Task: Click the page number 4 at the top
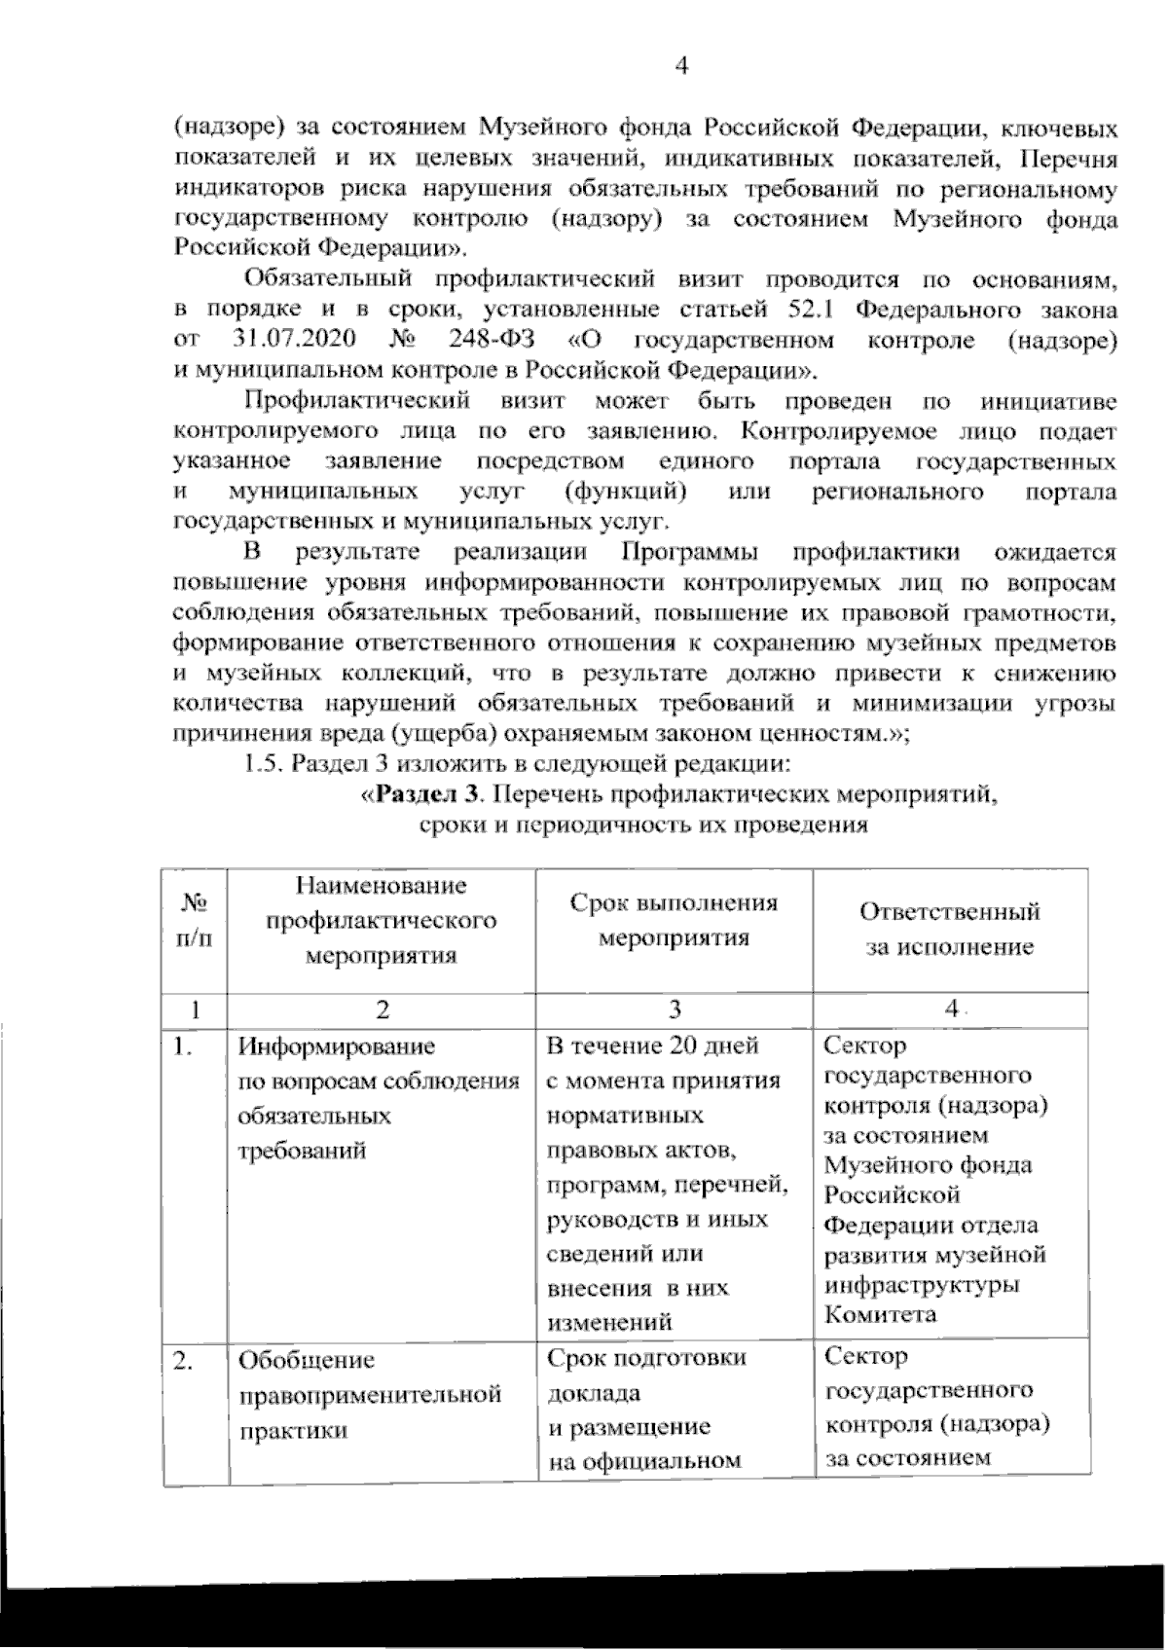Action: pyautogui.click(x=681, y=66)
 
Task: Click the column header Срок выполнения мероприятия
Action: pyautogui.click(x=674, y=920)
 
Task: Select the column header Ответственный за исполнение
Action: pyautogui.click(x=950, y=929)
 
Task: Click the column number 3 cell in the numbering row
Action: pyautogui.click(x=674, y=1008)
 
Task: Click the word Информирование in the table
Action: pyautogui.click(x=337, y=1046)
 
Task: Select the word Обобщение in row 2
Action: pyautogui.click(x=307, y=1359)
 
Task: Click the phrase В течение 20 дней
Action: pyautogui.click(x=653, y=1046)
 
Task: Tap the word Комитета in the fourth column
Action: pyautogui.click(x=880, y=1314)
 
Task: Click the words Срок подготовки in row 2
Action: pyautogui.click(x=647, y=1357)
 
